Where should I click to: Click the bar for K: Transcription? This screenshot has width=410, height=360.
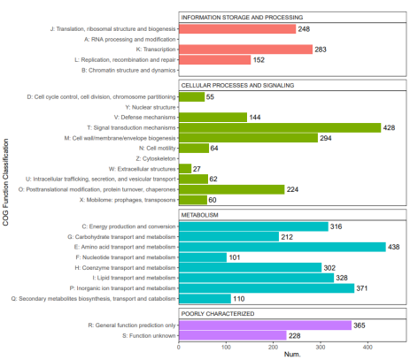coord(245,50)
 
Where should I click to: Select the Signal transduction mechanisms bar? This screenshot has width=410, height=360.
coord(280,127)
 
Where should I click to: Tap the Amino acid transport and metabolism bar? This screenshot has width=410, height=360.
coord(282,247)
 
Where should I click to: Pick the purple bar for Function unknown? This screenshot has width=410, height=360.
coord(233,335)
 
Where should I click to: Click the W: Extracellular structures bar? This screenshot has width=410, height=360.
coord(185,169)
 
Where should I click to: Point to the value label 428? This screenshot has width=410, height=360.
coord(389,127)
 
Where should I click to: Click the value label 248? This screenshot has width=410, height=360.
coord(304,29)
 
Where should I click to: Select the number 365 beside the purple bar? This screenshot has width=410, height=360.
coord(360,326)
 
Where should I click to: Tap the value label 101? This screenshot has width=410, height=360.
coord(235,257)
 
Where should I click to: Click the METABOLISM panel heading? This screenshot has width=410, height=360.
coord(199,215)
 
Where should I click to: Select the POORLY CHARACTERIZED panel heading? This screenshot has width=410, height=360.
coord(218,313)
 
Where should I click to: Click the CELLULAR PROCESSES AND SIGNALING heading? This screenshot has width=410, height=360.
coord(237,85)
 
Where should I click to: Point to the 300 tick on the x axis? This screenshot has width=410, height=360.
coord(321,347)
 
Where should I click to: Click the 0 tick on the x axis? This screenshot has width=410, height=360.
coord(179,347)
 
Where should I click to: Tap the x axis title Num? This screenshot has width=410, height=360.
coord(292,354)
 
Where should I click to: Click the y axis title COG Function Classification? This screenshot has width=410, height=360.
coord(5,182)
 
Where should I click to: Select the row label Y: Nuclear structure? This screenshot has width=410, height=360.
coord(151,107)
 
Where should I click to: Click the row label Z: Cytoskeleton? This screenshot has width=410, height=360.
coord(156,158)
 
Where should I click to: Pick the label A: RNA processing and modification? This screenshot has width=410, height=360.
coord(130,39)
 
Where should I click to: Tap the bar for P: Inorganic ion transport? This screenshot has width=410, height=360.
coord(267,288)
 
